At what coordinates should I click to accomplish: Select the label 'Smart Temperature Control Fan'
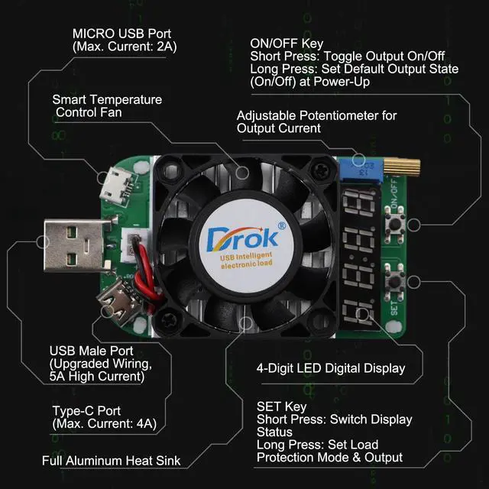pyautogui.click(x=107, y=106)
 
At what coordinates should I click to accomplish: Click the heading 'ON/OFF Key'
pyautogui.click(x=287, y=44)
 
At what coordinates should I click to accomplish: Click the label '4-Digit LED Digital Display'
pyautogui.click(x=330, y=368)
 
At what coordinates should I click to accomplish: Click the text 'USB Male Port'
pyautogui.click(x=86, y=351)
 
